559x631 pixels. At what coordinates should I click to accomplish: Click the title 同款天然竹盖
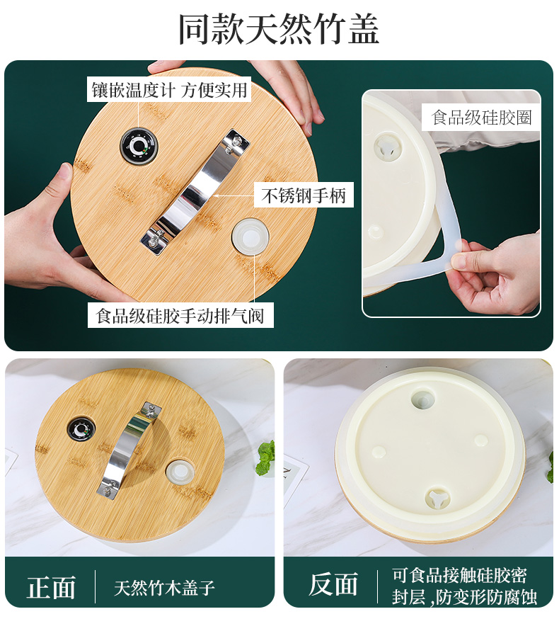point(279,29)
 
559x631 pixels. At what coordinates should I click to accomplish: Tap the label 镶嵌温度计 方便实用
point(169,89)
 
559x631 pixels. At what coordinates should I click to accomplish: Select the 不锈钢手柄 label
point(304,195)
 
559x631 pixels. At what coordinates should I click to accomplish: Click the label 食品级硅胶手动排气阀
point(180,316)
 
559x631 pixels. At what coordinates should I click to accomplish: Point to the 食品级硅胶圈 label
point(481,118)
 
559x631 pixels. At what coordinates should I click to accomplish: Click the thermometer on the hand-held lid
point(139,147)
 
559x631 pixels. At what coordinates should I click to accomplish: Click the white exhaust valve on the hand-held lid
point(250,237)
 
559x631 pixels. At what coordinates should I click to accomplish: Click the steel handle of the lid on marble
point(129,449)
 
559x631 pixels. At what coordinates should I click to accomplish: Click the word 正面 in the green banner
point(51,588)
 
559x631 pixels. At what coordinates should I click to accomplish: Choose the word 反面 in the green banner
point(333,584)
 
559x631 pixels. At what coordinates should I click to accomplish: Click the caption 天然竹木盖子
point(164,588)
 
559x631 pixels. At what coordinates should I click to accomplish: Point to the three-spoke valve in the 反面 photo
point(437,499)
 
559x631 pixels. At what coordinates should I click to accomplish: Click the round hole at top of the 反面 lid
point(422,400)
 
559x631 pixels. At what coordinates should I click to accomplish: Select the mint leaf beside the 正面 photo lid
point(265,459)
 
